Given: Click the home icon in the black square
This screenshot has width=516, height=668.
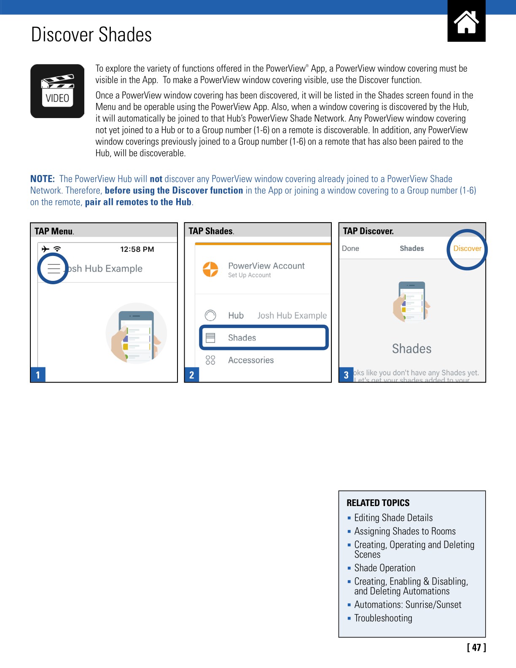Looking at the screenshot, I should point(466,22).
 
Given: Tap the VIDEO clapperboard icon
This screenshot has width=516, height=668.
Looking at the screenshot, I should point(57,91).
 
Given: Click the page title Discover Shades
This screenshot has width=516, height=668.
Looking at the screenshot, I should point(91,35).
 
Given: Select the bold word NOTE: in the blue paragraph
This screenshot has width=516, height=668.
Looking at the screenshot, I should point(43,179).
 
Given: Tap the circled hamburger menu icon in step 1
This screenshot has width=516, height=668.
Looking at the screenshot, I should point(54,269).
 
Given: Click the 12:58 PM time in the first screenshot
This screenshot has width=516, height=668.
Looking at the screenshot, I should point(137,249).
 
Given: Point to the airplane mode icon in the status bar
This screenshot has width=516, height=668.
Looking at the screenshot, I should point(46,249).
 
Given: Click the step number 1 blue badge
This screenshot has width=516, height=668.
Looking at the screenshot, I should point(38,374).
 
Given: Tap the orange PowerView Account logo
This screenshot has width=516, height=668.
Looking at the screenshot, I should point(210,269).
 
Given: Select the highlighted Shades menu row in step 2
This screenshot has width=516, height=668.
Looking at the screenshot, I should point(263,337).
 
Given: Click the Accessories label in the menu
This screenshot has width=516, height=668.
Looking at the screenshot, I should point(251,360).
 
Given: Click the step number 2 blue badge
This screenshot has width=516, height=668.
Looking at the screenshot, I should point(192,374).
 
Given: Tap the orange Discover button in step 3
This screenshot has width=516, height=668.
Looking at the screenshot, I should point(467,248).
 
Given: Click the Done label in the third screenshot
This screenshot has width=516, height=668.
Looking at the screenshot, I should point(350,248).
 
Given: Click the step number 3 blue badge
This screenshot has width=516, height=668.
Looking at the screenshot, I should point(346,374).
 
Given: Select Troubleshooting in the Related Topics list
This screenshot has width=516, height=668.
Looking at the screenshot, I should point(383,618).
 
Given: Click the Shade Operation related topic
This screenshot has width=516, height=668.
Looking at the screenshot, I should point(384,568).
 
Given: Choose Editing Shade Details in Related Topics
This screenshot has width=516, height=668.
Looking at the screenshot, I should point(393,518).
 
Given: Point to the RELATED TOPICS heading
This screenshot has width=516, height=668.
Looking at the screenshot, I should point(378,503).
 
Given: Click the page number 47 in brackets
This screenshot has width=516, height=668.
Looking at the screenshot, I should point(476,647).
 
